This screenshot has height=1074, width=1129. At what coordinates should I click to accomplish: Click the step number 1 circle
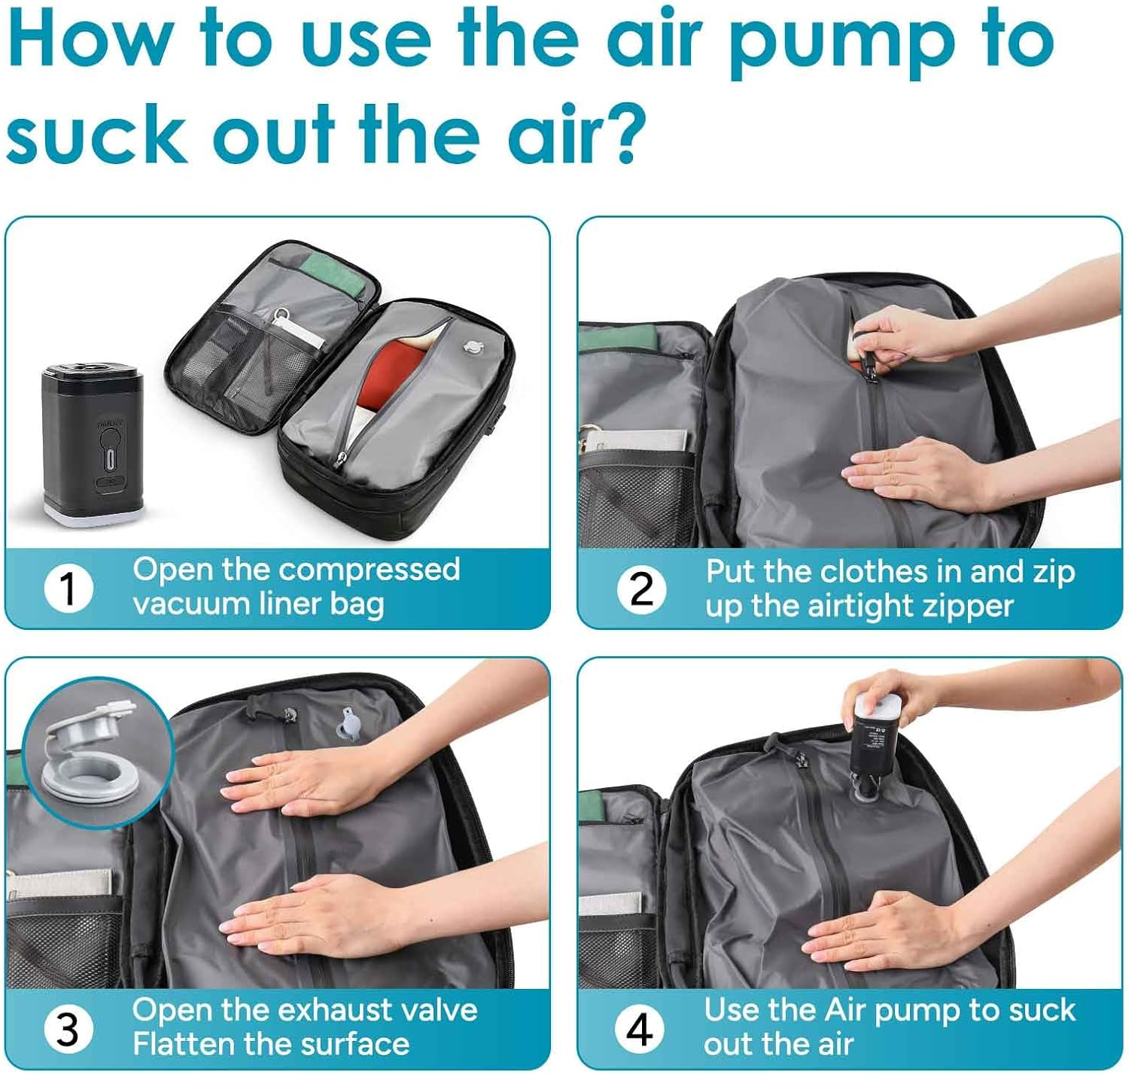68,589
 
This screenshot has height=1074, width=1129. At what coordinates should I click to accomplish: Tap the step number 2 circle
641,589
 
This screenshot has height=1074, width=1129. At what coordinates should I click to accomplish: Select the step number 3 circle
68,1029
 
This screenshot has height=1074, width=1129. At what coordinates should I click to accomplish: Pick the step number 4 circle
640,1029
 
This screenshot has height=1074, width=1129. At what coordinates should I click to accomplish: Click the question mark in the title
620,134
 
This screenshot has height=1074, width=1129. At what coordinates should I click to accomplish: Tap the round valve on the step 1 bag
473,348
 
